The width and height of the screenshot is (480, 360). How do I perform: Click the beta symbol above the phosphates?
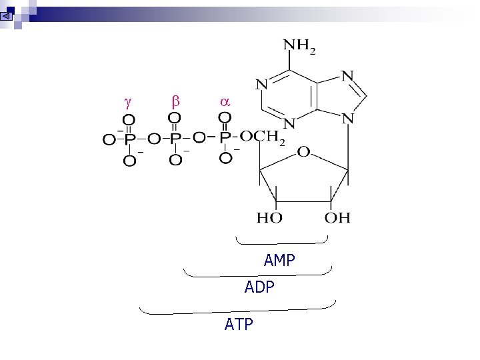pos(176,102)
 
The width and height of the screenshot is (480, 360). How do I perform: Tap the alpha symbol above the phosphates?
pos(225,102)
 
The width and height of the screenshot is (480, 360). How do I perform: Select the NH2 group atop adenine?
pos(300,47)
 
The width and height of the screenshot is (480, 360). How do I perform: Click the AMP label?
pos(279,261)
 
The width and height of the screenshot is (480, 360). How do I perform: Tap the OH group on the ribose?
pos(337,217)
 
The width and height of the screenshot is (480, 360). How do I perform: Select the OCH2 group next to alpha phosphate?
pos(262,138)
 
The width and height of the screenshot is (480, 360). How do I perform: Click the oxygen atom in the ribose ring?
pos(303,153)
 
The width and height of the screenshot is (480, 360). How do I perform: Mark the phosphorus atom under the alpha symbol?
pos(225,138)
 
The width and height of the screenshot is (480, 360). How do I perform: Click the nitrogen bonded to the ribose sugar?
pos(348,119)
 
